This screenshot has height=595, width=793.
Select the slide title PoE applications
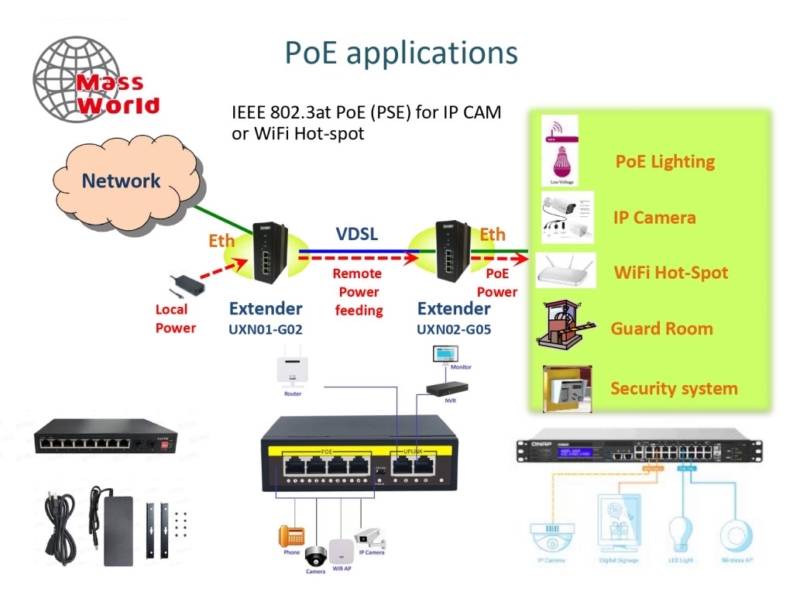pos(401,53)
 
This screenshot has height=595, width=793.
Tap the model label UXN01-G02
pos(266,328)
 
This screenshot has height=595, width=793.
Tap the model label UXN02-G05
pos(454,328)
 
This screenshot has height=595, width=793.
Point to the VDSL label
pos(357,233)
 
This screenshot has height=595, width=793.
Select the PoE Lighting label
pos(664,161)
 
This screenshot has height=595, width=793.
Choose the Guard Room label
pos(661,328)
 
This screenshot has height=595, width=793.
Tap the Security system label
pos(674,388)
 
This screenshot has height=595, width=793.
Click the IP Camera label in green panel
pos(654,218)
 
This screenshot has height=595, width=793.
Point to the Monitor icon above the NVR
pos(445,356)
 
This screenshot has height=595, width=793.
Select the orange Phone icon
pos(291,535)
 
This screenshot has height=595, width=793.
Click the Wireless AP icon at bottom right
pos(736,535)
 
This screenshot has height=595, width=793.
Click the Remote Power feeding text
pos(358,292)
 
